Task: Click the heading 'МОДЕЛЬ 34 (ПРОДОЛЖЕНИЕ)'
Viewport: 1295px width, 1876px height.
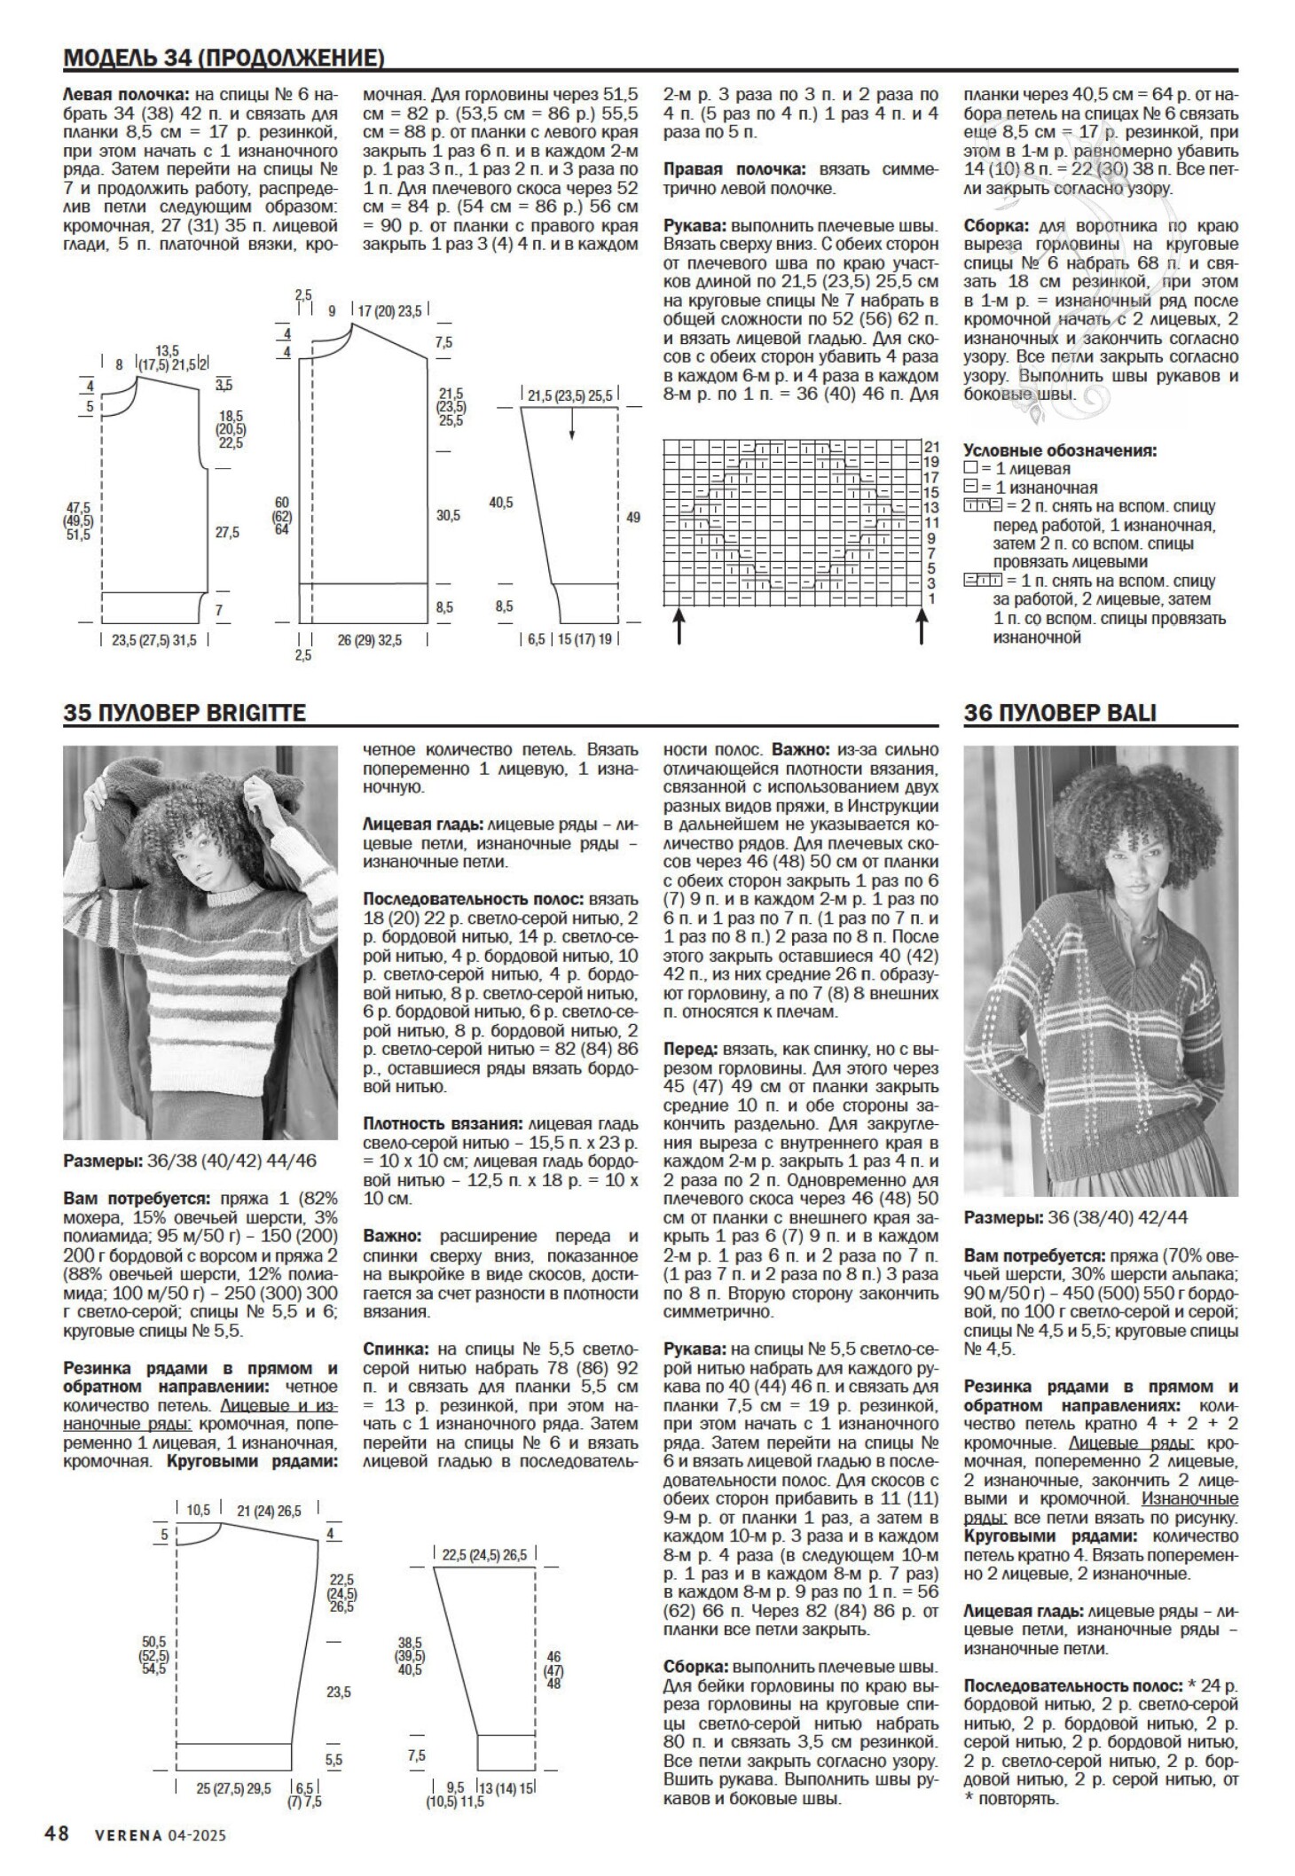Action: (224, 59)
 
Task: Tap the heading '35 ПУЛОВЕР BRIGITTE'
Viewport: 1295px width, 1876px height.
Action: (184, 713)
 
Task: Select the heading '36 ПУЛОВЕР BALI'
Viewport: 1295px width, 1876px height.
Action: (1060, 713)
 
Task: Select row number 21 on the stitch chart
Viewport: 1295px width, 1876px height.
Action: (932, 446)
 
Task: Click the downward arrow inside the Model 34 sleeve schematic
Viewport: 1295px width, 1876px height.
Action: (572, 427)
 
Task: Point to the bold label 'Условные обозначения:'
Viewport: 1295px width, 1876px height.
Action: (1060, 450)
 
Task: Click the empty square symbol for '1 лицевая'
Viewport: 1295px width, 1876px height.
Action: (969, 469)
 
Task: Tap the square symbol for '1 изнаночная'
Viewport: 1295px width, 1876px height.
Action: (969, 488)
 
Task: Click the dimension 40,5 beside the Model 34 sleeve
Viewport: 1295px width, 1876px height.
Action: (500, 503)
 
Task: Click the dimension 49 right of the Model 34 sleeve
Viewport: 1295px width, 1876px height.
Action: (632, 517)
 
